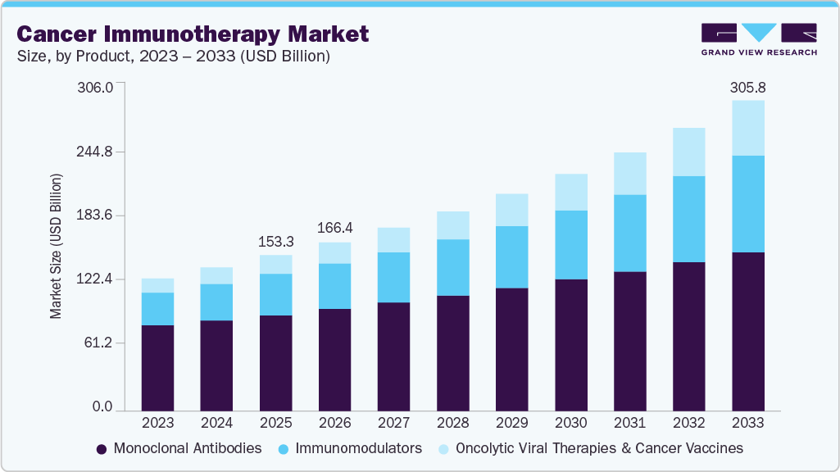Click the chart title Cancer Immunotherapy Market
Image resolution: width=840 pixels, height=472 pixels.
pos(193,34)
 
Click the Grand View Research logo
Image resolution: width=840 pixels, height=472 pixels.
pos(758,39)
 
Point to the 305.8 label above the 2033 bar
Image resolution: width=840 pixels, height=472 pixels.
pos(748,87)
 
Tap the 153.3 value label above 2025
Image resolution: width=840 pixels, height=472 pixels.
pos(276,242)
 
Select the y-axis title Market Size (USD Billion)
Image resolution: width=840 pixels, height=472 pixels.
pos(57,246)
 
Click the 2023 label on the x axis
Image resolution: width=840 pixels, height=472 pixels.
pos(158,423)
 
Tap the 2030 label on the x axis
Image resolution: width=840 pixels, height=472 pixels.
pos(571,423)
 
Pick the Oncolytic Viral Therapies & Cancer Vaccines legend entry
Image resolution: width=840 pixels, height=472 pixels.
pos(590,448)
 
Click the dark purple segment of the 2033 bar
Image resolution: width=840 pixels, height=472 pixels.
pos(748,331)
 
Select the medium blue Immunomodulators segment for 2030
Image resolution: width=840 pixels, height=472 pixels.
pos(571,245)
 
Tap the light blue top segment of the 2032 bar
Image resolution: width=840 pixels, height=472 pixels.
pos(689,152)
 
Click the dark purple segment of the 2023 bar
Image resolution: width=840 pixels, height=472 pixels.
pos(158,368)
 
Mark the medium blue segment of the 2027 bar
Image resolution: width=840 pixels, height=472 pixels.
pos(394,277)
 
